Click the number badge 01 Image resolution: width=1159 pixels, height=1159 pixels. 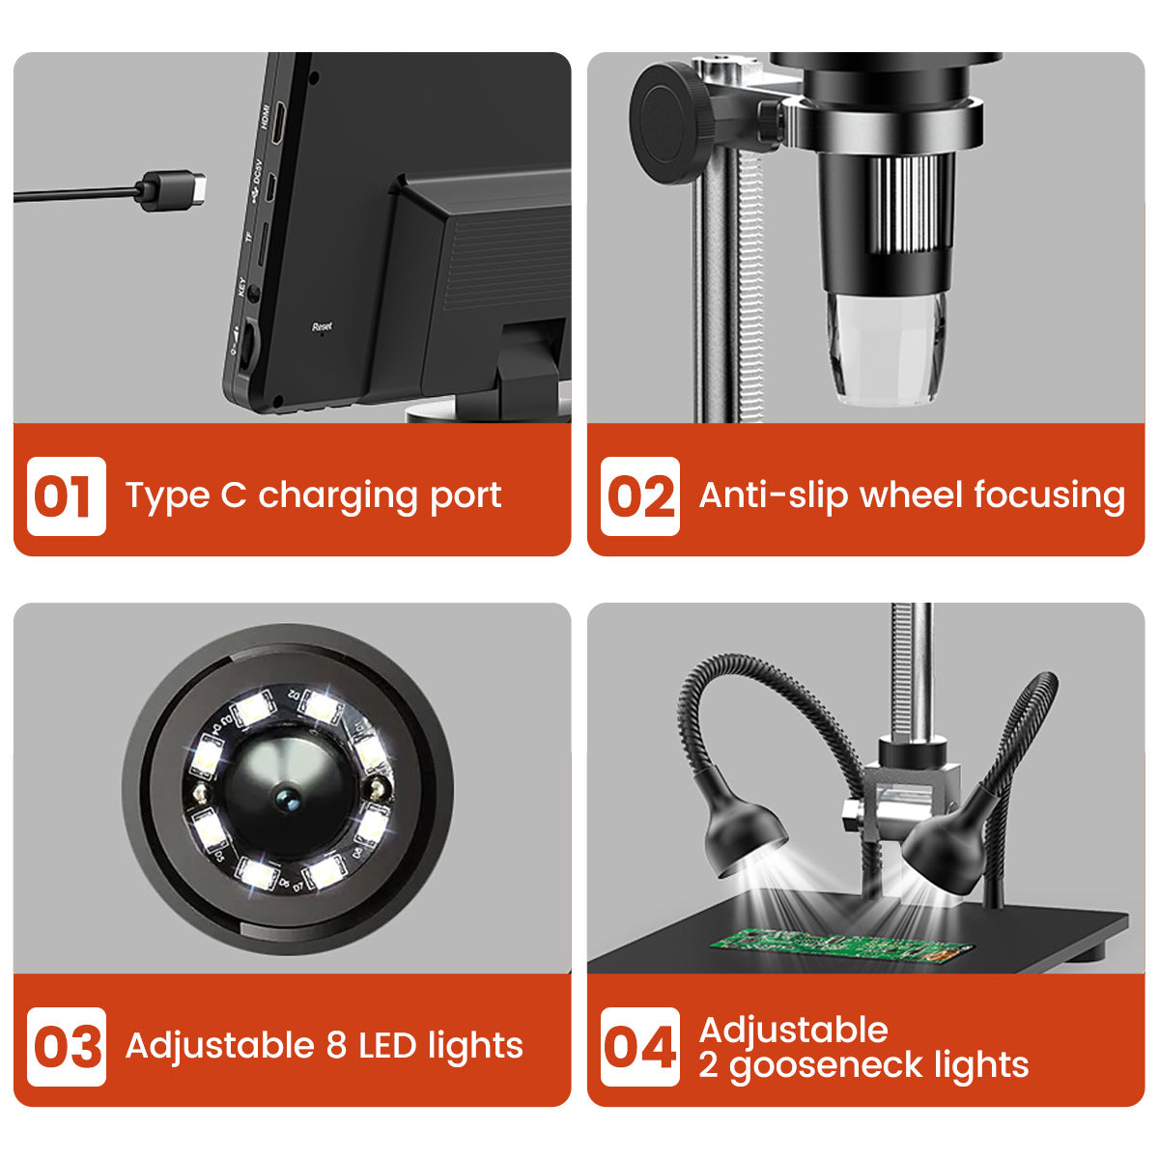(x=66, y=496)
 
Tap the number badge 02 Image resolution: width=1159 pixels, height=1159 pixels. (x=639, y=496)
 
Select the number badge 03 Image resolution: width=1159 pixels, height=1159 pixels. (x=66, y=1047)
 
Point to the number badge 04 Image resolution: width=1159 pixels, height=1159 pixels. (x=639, y=1047)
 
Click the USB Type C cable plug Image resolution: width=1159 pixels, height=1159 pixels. (x=173, y=189)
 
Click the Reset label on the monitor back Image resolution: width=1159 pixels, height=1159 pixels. (x=322, y=327)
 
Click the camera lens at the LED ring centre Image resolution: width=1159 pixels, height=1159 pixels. (x=287, y=797)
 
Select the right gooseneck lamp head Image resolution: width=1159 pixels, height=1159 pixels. (x=942, y=840)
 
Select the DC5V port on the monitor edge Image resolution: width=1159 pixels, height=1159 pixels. (x=273, y=189)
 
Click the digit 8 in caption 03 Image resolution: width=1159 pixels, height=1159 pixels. (x=336, y=1046)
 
